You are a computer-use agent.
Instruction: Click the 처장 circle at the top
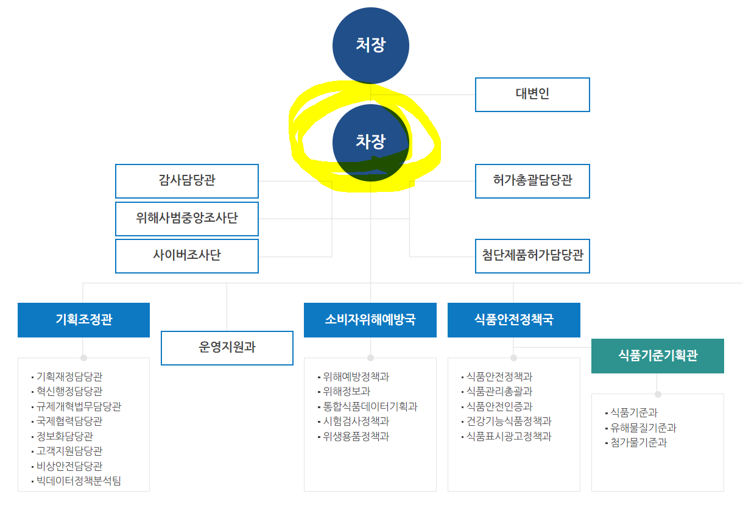point(370,45)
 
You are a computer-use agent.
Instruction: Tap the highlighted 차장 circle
point(370,143)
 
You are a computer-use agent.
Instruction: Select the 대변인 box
point(532,94)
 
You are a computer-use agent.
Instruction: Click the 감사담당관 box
point(186,181)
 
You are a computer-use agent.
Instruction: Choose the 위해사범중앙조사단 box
point(186,219)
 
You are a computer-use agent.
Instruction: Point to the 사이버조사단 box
point(186,256)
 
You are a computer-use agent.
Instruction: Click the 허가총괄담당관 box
point(532,181)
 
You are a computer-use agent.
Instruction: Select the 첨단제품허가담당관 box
point(532,256)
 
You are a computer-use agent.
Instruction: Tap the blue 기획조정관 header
point(83,320)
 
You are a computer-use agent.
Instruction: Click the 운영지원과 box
point(227,348)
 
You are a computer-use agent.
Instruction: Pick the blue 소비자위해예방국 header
point(370,320)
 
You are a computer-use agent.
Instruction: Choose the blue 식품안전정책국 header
point(513,320)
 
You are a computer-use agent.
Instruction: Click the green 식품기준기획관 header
point(657,356)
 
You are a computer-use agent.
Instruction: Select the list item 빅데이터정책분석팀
point(79,481)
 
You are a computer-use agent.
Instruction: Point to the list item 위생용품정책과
point(356,436)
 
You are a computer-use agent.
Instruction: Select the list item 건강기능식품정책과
point(509,421)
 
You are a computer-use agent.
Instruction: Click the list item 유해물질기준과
point(643,428)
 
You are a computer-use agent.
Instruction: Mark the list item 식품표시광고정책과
point(509,436)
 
